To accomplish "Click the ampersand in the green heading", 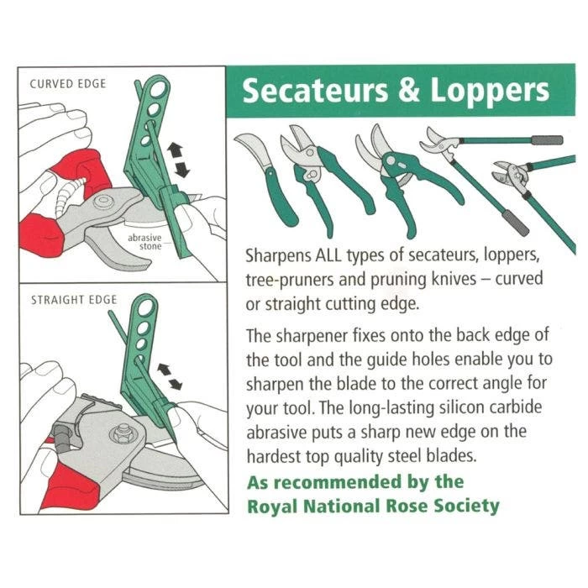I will [407, 91].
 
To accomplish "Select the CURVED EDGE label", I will [61, 84].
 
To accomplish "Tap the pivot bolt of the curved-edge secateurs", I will [104, 202].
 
